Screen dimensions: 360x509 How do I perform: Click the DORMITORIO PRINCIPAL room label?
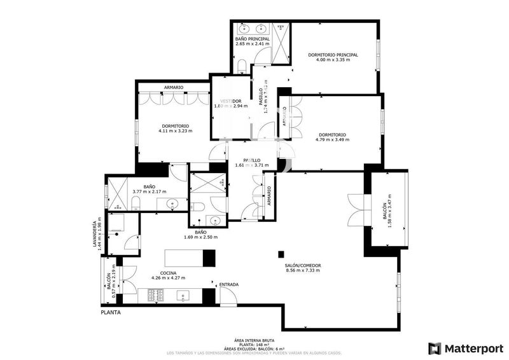333,55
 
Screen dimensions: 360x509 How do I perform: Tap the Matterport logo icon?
435,348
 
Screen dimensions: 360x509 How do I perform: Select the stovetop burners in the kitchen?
157,295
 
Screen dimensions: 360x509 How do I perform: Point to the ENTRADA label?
228,284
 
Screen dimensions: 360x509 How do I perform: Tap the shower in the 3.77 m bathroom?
117,195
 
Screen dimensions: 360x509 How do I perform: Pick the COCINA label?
168,272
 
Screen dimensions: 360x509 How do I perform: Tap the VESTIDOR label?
230,100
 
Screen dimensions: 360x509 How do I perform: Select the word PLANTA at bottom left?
110,313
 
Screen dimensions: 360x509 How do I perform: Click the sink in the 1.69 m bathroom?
216,221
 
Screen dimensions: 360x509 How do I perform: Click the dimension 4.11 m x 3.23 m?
176,131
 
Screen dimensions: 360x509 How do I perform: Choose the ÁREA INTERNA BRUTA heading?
254,340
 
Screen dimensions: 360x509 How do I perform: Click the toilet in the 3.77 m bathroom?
136,204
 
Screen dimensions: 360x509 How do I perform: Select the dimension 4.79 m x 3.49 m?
332,141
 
